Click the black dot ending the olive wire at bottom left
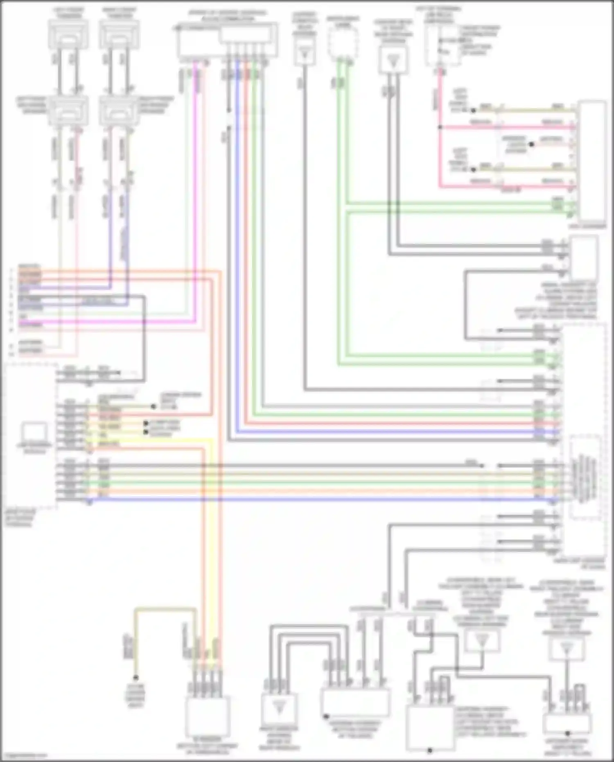[136, 677]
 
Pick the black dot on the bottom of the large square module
[430, 750]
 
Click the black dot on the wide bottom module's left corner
[326, 716]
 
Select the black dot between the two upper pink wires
[531, 144]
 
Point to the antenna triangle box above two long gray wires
[393, 60]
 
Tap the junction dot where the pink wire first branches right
[440, 127]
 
